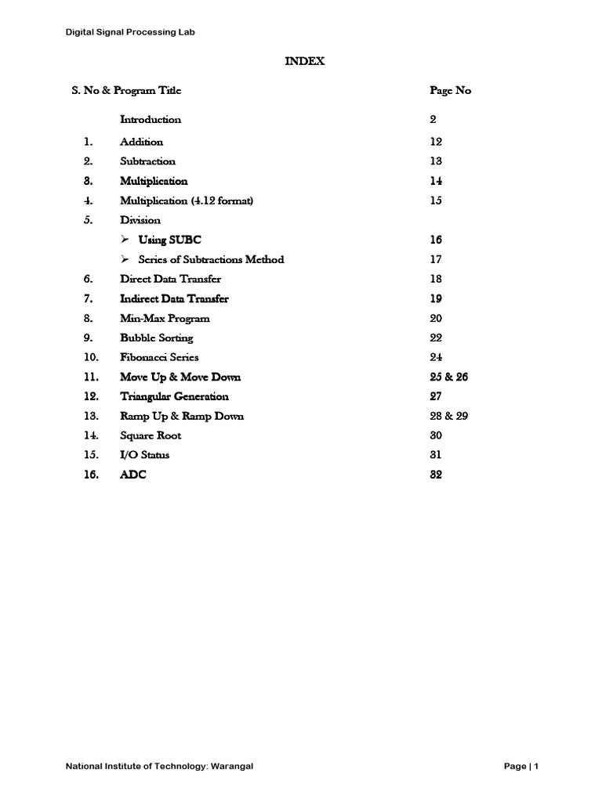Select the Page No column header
(450, 90)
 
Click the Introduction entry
(150, 120)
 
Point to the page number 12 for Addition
(436, 142)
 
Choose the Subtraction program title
(147, 161)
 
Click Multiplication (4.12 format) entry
(187, 200)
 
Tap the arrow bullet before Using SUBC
(125, 240)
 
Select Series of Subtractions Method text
(211, 259)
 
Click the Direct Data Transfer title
(170, 279)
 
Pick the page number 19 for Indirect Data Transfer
(436, 298)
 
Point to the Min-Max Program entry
(165, 319)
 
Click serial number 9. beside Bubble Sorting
(88, 338)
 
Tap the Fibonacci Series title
(159, 357)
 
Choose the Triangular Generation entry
(174, 396)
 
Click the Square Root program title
(150, 435)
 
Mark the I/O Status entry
(144, 455)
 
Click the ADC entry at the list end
(132, 475)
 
